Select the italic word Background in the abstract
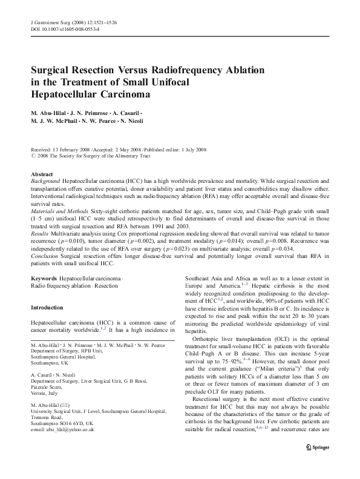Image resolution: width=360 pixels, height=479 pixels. pyautogui.click(x=47, y=182)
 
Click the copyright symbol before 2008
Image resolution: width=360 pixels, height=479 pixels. pyautogui.click(x=33, y=156)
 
